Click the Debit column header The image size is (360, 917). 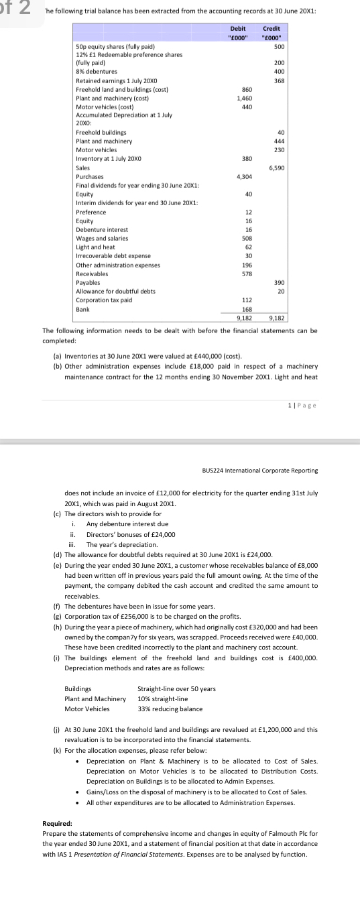point(238,29)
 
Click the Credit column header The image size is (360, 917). point(272,29)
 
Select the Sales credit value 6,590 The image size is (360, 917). point(277,168)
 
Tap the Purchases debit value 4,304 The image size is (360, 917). point(244,176)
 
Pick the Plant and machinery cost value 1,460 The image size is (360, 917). point(245,98)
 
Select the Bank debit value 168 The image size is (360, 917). point(247,309)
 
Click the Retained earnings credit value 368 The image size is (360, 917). point(279,80)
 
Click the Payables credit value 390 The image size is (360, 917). point(279,282)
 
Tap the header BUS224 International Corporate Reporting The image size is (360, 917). point(259,471)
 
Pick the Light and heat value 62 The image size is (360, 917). point(249,247)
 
